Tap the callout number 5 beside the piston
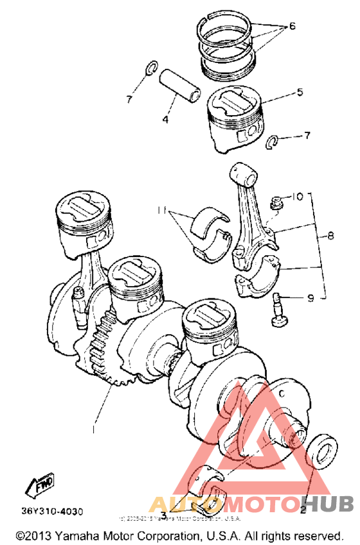tap(300, 93)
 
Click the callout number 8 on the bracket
tap(330, 237)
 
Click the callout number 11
tap(161, 210)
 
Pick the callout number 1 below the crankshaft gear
tap(96, 426)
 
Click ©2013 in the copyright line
tap(31, 535)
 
